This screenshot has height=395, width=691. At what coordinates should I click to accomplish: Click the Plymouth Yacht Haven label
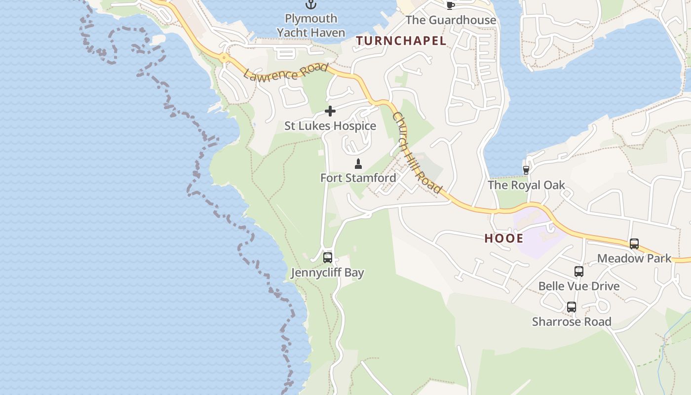[310, 26]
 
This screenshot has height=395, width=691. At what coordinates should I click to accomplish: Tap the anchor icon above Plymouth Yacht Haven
[310, 5]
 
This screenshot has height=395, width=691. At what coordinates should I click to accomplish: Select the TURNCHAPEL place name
[401, 41]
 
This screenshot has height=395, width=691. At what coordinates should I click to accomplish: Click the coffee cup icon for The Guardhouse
[450, 5]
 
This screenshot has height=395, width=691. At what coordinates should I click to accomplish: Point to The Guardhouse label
[451, 20]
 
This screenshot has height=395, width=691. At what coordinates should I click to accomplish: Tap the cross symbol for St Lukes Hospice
[330, 112]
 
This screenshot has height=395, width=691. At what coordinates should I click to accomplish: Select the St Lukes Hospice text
[330, 126]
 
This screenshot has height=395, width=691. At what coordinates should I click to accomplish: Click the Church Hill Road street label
[417, 153]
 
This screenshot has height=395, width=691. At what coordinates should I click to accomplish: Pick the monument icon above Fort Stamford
[358, 164]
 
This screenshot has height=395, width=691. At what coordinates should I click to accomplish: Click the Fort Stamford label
[358, 178]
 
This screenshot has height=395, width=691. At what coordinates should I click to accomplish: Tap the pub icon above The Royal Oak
[526, 170]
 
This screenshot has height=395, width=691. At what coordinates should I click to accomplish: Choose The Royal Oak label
[526, 185]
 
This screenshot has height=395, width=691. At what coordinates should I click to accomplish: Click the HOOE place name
[503, 238]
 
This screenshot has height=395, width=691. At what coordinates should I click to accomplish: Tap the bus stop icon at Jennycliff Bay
[327, 258]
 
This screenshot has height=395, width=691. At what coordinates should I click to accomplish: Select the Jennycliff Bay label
[327, 273]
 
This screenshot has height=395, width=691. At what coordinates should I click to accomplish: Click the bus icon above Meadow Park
[634, 244]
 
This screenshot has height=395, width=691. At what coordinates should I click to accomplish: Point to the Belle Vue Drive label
[579, 286]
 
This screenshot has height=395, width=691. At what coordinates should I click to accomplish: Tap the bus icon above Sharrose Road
[572, 307]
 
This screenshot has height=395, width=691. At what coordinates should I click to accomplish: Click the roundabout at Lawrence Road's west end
[225, 58]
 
